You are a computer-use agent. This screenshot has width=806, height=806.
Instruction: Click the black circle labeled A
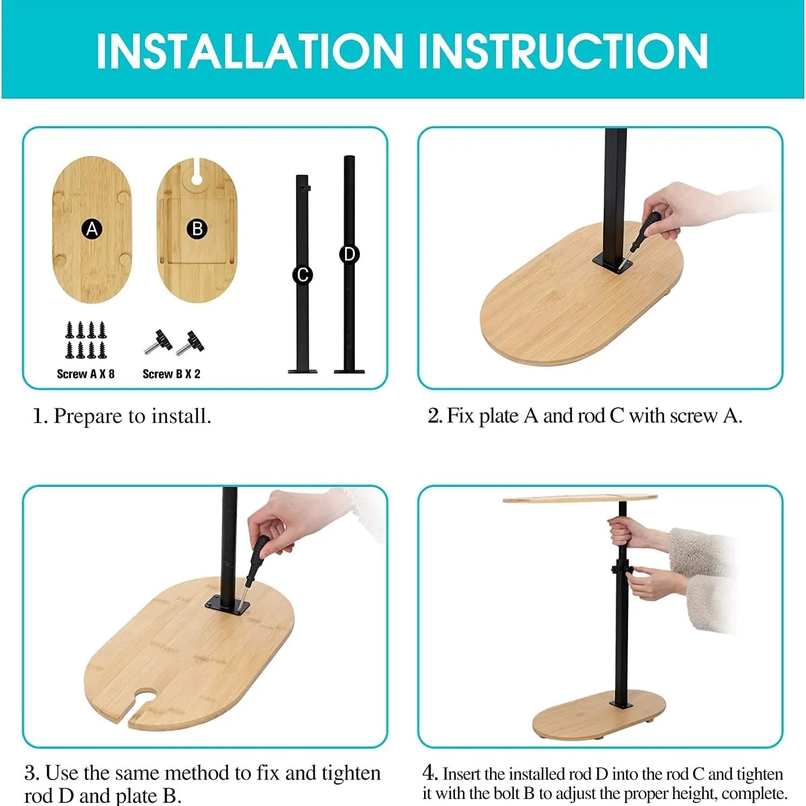tap(93, 229)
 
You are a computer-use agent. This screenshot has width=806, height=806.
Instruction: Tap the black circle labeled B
tap(197, 229)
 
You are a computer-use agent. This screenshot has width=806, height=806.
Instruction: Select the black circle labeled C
tap(303, 275)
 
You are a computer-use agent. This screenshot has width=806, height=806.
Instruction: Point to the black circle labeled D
tap(349, 254)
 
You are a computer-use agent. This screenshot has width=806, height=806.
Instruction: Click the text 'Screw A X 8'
tap(85, 374)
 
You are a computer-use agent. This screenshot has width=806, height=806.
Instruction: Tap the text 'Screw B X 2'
tap(171, 374)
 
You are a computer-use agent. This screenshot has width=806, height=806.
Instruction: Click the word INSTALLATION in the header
tap(249, 51)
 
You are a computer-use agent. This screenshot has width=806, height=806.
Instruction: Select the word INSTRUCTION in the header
tap(563, 51)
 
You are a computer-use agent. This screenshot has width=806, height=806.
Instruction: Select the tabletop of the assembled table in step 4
tap(580, 498)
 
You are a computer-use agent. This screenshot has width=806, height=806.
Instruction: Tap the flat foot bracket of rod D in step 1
tap(349, 371)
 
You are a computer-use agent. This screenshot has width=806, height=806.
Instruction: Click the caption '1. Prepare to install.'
tap(122, 416)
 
